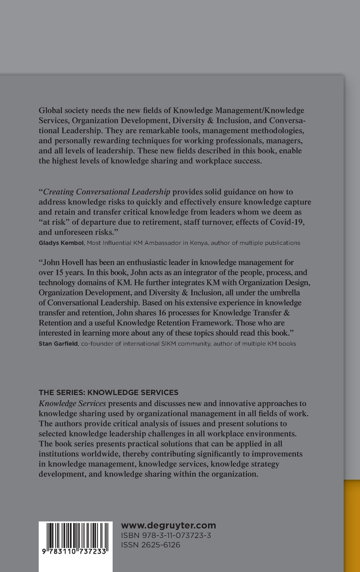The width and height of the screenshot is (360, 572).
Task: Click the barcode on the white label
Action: pos(75,540)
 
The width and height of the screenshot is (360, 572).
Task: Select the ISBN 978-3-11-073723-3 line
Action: pos(166,536)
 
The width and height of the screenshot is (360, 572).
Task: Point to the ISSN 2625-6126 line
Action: pos(150,545)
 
